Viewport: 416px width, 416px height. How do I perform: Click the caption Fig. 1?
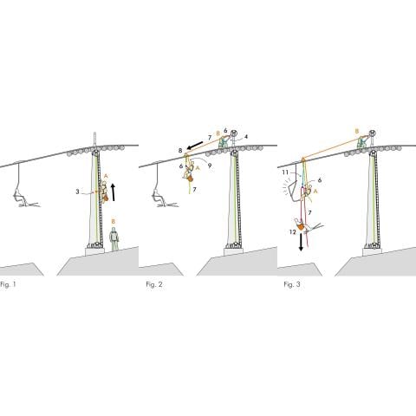click(8, 284)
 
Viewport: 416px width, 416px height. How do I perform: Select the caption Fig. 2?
click(154, 284)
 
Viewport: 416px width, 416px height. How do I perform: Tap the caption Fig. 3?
click(292, 284)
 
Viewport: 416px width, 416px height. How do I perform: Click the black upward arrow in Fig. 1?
click(114, 192)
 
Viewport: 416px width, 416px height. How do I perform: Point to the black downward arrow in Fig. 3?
click(301, 242)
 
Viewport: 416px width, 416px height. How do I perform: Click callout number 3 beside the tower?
click(77, 192)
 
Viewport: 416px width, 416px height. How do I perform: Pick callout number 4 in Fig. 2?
click(246, 137)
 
